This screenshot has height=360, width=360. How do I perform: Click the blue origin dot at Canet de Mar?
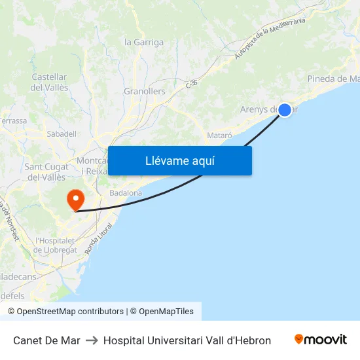(x=285, y=110)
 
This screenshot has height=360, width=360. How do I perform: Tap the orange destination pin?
(x=76, y=199)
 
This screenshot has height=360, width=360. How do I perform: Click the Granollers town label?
(x=145, y=92)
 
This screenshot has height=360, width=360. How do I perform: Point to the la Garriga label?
(x=144, y=43)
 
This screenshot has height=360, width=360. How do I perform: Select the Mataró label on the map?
(x=219, y=135)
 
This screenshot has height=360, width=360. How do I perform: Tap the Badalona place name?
(x=126, y=193)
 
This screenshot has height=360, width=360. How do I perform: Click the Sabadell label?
(x=62, y=134)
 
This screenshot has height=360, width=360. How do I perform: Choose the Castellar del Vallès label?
(x=49, y=82)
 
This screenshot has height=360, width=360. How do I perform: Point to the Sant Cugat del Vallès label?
(x=45, y=172)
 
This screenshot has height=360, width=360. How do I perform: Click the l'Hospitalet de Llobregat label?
(x=56, y=245)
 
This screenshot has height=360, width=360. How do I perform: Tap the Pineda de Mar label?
(x=333, y=79)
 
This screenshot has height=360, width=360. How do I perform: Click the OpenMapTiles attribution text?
(x=166, y=312)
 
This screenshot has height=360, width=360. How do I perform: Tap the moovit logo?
(x=321, y=340)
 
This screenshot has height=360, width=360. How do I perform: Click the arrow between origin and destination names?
(x=92, y=340)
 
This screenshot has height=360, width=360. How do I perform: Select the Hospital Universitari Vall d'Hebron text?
(x=187, y=340)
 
